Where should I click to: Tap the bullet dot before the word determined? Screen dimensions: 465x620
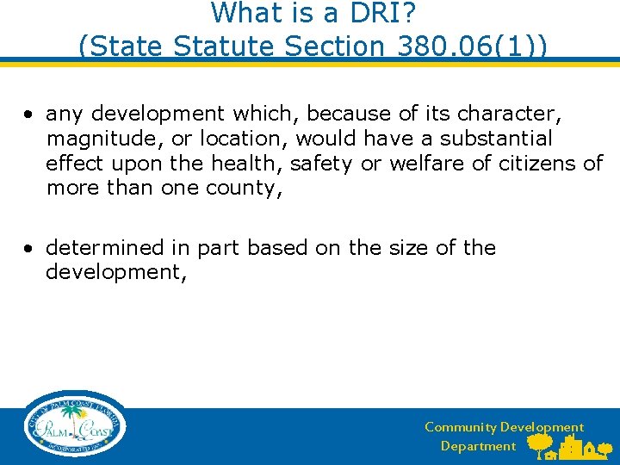[x=29, y=249]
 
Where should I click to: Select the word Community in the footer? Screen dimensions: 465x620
[x=460, y=427]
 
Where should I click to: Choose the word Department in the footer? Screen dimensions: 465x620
[x=478, y=446]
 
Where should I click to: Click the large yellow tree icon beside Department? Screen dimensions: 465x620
[x=540, y=443]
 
